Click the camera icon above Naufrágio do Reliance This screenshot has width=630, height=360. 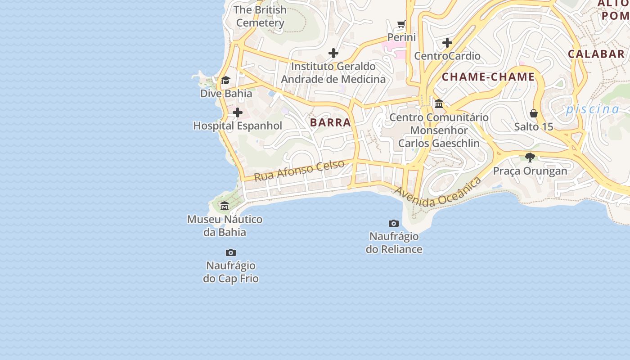(394, 223)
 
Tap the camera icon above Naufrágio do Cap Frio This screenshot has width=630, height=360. (231, 252)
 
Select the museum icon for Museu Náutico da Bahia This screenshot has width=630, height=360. (225, 206)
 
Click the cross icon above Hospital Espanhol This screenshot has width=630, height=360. (238, 112)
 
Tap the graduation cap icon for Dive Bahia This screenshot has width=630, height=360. (225, 81)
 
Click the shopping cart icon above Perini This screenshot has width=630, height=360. (401, 24)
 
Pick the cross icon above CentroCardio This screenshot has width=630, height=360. (447, 43)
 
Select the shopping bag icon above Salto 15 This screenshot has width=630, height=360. (534, 113)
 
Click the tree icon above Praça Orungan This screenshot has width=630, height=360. (530, 157)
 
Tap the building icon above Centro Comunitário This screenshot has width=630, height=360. (439, 104)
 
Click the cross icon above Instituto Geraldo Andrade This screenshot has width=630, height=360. (333, 53)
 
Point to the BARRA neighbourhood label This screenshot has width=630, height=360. (330, 122)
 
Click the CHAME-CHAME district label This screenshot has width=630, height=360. (488, 77)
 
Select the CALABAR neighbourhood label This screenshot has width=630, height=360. (596, 54)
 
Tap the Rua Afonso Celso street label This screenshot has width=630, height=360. (299, 171)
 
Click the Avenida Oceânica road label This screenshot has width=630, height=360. (438, 192)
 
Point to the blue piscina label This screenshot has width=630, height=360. (593, 109)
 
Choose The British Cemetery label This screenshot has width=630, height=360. (260, 16)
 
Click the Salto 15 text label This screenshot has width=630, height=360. (534, 127)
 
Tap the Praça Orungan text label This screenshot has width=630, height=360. (530, 171)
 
